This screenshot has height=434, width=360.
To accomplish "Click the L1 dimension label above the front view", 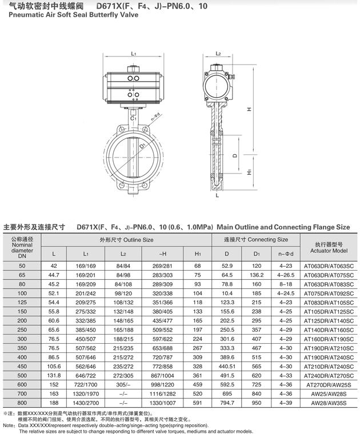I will [133, 54].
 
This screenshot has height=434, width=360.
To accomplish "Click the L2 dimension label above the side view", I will [218, 53].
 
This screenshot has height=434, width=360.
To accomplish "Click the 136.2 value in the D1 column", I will [257, 275].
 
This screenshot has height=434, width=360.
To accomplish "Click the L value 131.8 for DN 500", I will [54, 375].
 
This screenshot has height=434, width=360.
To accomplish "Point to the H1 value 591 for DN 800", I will [198, 403].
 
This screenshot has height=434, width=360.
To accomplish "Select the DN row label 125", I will [22, 303].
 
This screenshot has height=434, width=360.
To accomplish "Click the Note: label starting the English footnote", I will [10, 425].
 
